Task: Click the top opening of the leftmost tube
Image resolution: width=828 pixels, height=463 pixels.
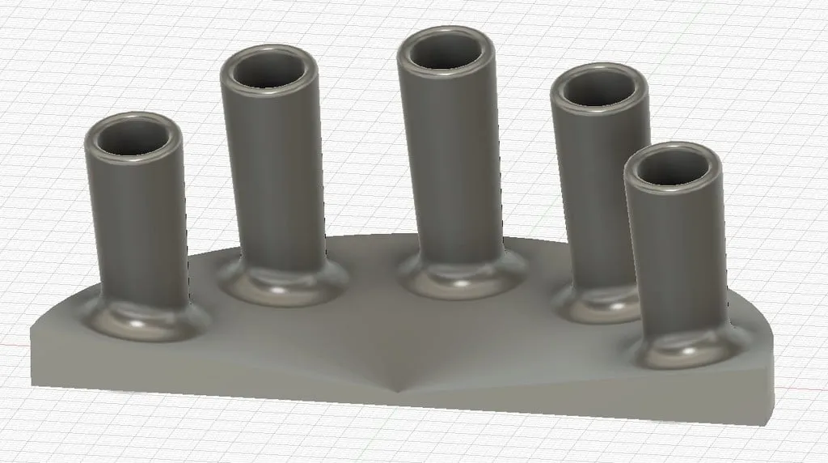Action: [x=133, y=137]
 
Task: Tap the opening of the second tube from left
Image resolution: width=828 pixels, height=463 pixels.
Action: [x=270, y=70]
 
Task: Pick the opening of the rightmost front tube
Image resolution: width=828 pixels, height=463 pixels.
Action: [x=674, y=168]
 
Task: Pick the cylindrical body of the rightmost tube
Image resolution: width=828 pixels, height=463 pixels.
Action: [x=678, y=259]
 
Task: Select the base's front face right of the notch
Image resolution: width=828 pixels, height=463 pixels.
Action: [x=582, y=401]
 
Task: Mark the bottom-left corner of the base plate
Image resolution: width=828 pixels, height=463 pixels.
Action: [x=35, y=384]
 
